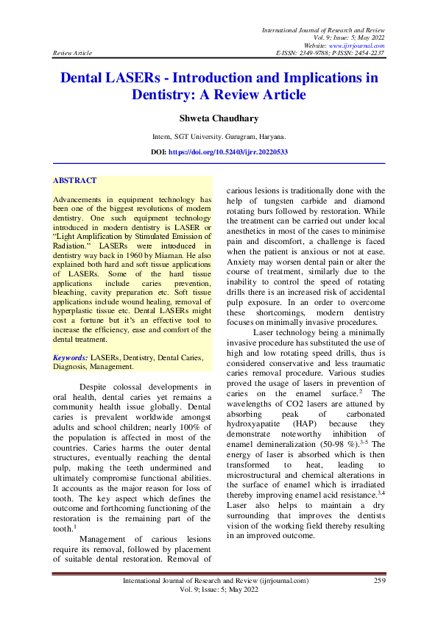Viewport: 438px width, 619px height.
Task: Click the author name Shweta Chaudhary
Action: (x=219, y=118)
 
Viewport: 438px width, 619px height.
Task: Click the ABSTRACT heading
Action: (x=74, y=180)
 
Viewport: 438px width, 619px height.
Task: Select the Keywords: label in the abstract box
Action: (x=71, y=357)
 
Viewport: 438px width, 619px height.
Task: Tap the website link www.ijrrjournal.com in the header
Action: (x=358, y=45)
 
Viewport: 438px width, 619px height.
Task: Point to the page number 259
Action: (x=380, y=581)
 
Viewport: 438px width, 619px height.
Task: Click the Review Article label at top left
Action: (x=73, y=54)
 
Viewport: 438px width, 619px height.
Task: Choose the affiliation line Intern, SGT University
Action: (x=219, y=137)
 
